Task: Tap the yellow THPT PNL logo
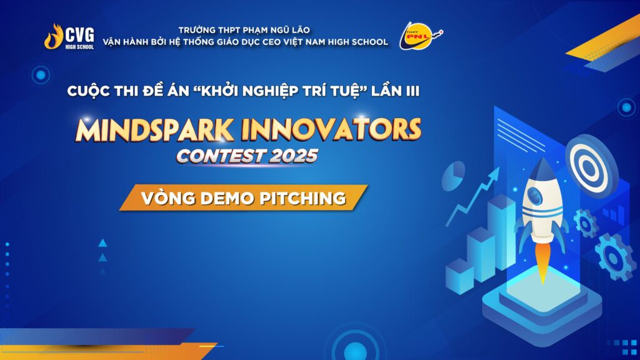click(x=421, y=36)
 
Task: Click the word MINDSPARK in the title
click(x=155, y=130)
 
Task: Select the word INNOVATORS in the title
click(x=331, y=129)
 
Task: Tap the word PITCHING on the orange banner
click(x=302, y=198)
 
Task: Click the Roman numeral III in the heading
click(x=412, y=91)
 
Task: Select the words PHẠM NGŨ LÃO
click(x=276, y=30)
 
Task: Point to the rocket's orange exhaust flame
click(x=542, y=261)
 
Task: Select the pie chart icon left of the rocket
click(x=454, y=176)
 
